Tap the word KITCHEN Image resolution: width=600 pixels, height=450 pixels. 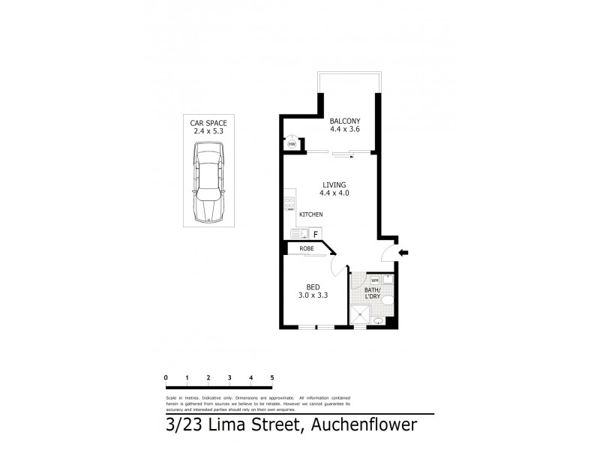pos(311,215)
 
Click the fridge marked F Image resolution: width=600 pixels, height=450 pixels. pos(316,235)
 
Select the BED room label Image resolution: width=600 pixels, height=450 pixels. pos(313,286)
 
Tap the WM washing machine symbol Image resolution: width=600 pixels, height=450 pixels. pos(364,280)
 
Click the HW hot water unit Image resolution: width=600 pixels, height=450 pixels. pos(292,143)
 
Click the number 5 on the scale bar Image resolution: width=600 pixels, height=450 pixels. pos(272,377)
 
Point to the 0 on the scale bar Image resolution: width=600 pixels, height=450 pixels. pos(165,377)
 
